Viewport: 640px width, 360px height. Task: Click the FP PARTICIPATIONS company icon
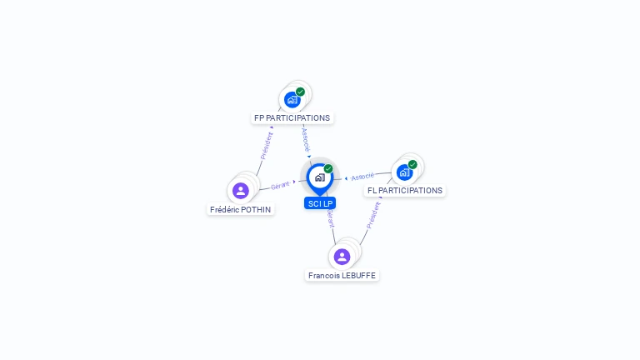(x=292, y=99)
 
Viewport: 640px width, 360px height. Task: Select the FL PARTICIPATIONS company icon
(x=404, y=172)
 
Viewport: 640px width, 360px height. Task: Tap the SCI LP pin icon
(x=319, y=177)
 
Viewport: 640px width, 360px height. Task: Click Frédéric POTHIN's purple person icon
(x=241, y=191)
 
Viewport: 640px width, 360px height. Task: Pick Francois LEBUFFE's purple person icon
(x=342, y=257)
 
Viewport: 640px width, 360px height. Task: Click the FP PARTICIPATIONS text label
(x=292, y=118)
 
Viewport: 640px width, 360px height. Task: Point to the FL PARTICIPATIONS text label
(x=405, y=191)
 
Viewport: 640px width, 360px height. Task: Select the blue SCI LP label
(x=319, y=203)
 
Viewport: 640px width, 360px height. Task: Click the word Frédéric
(x=225, y=210)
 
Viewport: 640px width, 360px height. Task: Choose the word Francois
(x=324, y=276)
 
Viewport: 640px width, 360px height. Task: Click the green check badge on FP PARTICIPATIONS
(x=300, y=92)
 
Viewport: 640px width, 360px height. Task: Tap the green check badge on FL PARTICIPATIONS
(x=412, y=164)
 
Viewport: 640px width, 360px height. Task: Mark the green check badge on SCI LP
(x=328, y=168)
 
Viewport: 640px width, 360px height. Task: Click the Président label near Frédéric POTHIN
(x=266, y=145)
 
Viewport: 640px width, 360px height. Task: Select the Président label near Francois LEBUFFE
(x=373, y=214)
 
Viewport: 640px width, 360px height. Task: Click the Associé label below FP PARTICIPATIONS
(x=305, y=138)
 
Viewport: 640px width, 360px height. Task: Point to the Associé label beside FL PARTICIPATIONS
(x=362, y=177)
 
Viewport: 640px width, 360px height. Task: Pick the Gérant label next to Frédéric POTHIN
(x=280, y=185)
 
